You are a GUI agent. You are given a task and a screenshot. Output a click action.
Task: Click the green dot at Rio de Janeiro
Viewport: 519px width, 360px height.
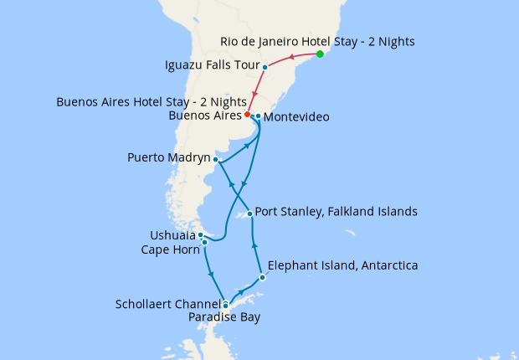[x=320, y=54]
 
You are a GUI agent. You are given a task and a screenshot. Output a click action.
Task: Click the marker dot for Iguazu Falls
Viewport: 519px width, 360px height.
[x=265, y=67]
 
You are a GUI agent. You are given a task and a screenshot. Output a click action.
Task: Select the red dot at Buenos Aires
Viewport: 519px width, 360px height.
[x=248, y=114]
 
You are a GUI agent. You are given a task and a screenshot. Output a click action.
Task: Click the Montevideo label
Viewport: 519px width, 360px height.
[x=295, y=118]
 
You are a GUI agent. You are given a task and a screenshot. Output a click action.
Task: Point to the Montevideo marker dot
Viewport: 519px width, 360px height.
[x=259, y=116]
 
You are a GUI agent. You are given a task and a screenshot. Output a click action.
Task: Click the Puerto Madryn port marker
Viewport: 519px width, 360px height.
[x=216, y=159]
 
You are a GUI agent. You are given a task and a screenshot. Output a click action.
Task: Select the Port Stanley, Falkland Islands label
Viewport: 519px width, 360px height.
[x=335, y=212]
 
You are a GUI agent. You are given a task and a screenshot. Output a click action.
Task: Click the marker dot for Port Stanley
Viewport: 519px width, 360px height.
[x=249, y=213]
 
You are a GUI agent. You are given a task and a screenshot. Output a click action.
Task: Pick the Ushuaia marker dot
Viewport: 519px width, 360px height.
[x=201, y=235]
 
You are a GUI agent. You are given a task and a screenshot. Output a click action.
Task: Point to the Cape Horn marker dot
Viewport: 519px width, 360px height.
[x=204, y=243]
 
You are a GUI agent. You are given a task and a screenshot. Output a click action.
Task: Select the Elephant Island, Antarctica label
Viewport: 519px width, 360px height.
[x=342, y=266]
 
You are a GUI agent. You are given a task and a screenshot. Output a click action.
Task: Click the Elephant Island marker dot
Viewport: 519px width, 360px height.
[x=262, y=277]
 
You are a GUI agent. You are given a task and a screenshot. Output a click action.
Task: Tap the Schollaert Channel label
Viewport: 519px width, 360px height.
[x=167, y=304]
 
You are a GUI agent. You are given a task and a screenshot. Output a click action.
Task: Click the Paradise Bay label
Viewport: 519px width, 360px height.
[x=224, y=317]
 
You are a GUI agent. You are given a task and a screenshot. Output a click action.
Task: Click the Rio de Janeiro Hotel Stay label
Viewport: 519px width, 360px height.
[x=317, y=40]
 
